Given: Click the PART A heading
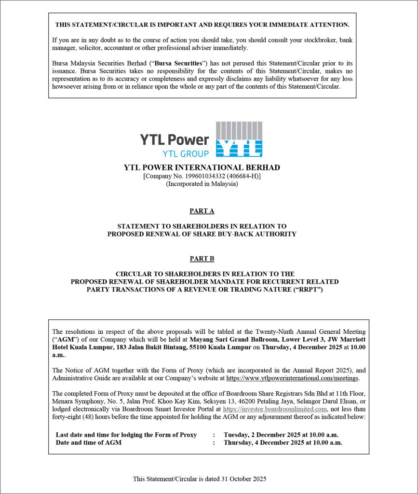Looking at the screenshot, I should (202, 211).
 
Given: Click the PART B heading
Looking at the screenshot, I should (202, 259).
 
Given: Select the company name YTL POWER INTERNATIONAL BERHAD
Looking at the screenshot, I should (202, 168).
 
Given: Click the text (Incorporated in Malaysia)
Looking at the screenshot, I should (202, 184).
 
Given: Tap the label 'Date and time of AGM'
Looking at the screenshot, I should (89, 442).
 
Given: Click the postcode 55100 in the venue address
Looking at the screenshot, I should (193, 347).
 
